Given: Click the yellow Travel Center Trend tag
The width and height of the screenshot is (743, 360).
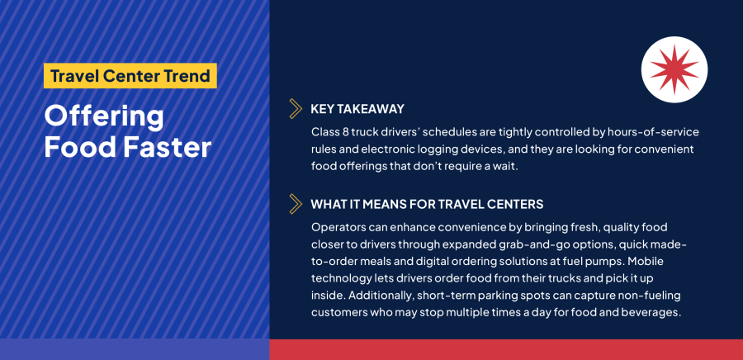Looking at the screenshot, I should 130,76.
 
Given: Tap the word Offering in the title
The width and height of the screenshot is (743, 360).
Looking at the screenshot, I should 104,116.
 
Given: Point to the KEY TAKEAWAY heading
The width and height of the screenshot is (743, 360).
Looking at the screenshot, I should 357,108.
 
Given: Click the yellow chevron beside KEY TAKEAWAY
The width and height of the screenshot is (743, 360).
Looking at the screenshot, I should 295,108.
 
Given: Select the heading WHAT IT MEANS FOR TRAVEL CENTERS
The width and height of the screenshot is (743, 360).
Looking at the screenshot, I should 426,203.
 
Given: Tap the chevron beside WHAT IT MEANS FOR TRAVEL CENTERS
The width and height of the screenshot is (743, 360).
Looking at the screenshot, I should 295,203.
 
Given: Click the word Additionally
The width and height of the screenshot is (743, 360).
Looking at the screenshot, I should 384,296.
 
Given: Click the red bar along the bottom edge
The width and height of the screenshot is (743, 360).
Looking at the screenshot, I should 505,350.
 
